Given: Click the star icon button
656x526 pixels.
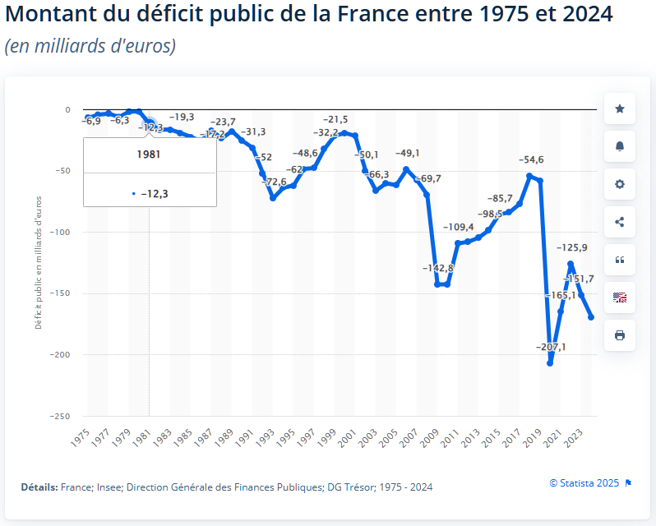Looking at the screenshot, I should [x=620, y=108].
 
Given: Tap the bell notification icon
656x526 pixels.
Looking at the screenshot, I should [x=620, y=146].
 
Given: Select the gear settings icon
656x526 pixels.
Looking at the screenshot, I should [x=620, y=184].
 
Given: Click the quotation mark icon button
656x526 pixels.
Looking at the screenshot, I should [x=620, y=260].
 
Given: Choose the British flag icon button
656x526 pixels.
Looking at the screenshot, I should [x=620, y=298].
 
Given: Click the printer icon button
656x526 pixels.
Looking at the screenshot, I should [x=620, y=335].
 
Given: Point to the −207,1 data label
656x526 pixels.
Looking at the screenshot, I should [x=552, y=348].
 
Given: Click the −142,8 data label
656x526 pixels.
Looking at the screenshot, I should [x=438, y=269].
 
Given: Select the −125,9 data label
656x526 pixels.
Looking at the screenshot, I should [x=572, y=247].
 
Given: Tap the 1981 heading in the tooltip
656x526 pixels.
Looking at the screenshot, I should [x=149, y=154].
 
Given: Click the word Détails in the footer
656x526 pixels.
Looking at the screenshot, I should [x=39, y=487].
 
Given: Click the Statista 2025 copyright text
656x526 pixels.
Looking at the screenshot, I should [x=584, y=482].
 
